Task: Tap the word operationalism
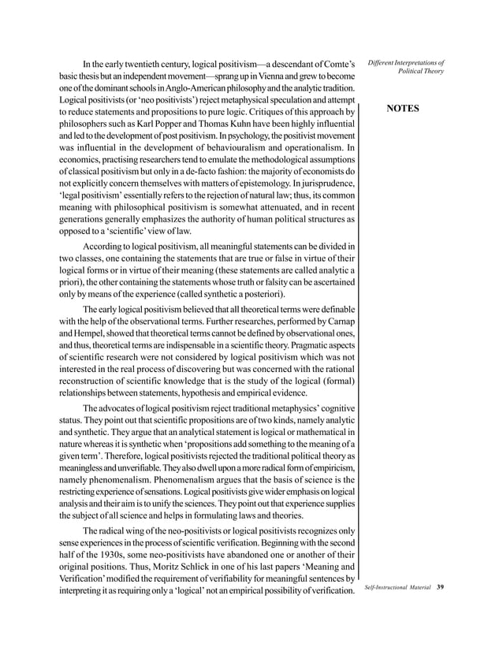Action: click(x=313, y=149)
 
